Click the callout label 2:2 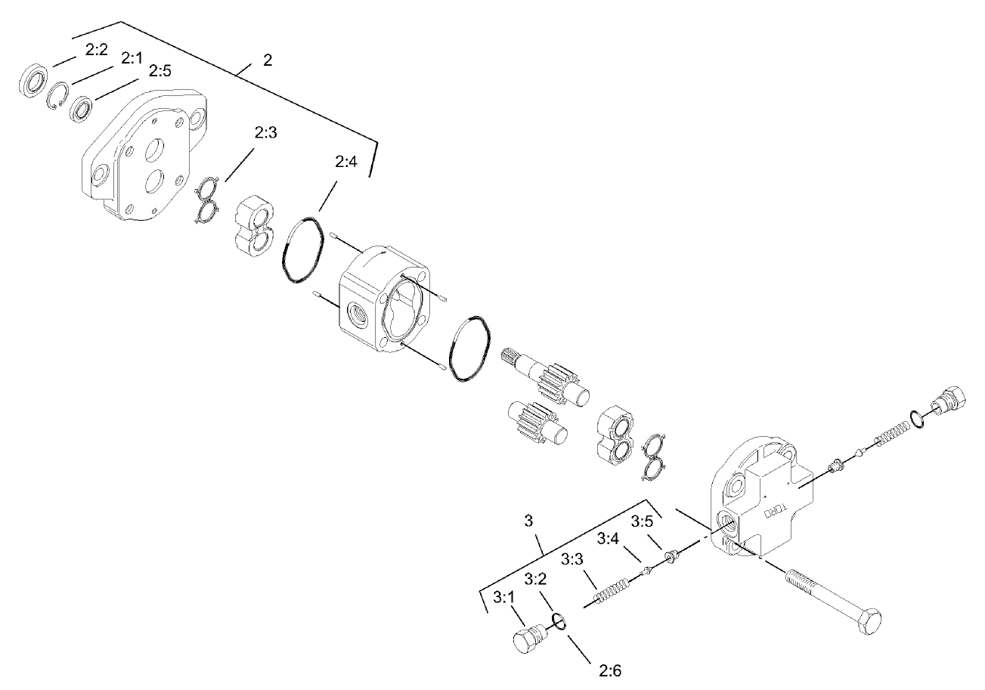[97, 50]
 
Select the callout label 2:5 [160, 70]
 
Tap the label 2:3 [266, 133]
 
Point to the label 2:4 [345, 162]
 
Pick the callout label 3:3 [573, 560]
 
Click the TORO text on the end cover [778, 507]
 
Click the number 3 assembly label [528, 521]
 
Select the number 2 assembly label [268, 60]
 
